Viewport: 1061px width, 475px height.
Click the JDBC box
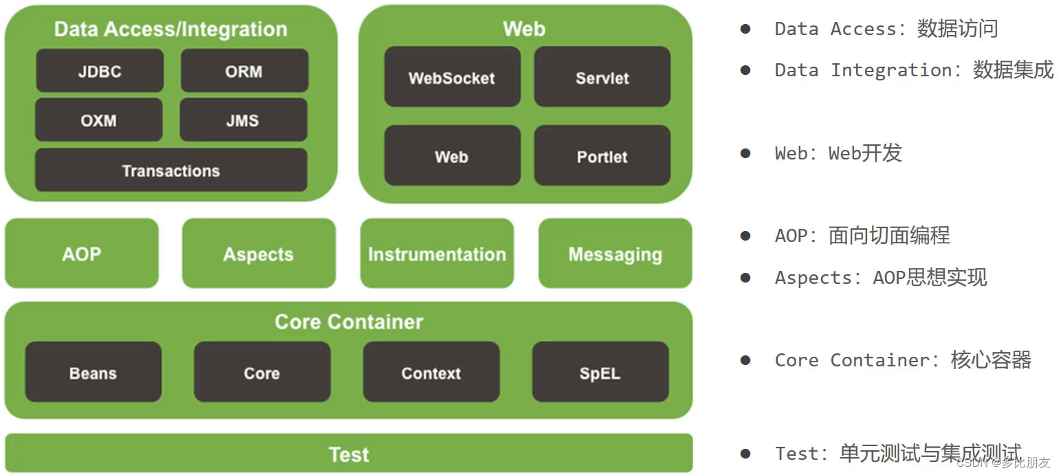(x=100, y=71)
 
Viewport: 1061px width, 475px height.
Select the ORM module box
(x=244, y=71)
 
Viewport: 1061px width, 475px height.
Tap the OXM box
(x=99, y=120)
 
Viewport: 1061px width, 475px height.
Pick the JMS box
(x=243, y=120)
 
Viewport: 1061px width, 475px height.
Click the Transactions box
(x=171, y=170)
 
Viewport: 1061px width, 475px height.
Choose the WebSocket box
(x=452, y=78)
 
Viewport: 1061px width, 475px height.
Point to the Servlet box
(x=602, y=78)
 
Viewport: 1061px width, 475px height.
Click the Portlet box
(x=602, y=156)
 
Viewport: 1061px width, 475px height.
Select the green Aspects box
(x=259, y=254)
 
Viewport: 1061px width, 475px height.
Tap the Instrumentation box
(x=437, y=254)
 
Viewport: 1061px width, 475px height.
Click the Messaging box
(x=615, y=254)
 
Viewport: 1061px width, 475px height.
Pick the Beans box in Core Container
(x=93, y=373)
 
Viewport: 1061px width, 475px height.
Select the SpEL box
(x=600, y=373)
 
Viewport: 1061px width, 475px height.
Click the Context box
(x=431, y=373)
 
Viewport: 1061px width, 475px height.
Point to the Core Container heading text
(x=349, y=321)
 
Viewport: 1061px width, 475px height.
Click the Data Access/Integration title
(x=171, y=29)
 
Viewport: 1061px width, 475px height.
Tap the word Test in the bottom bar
(x=349, y=454)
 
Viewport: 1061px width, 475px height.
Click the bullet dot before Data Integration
(x=745, y=70)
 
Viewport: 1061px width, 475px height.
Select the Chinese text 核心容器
(x=991, y=360)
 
